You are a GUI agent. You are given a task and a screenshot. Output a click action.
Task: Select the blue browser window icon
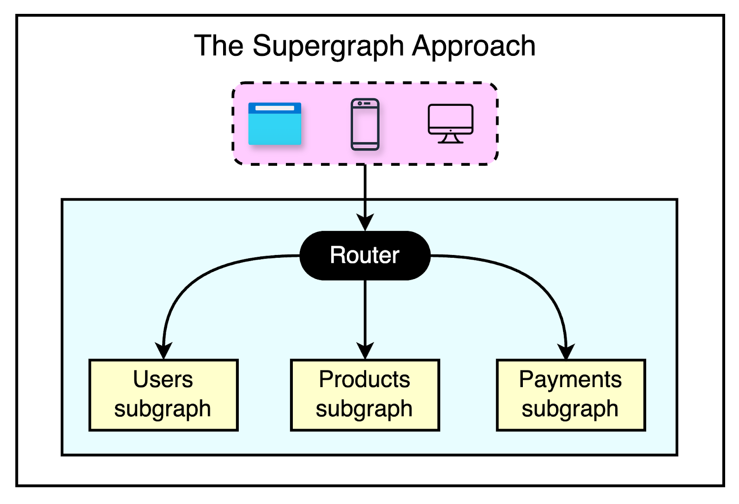click(275, 124)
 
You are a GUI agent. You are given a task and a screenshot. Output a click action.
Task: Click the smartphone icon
click(365, 124)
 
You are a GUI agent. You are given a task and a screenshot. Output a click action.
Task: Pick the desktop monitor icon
click(450, 123)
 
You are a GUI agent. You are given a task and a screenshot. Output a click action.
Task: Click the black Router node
click(365, 255)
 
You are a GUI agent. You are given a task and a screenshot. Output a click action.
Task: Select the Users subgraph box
click(164, 395)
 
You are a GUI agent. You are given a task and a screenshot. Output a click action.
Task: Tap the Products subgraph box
click(365, 395)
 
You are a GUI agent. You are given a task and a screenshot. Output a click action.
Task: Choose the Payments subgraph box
click(571, 395)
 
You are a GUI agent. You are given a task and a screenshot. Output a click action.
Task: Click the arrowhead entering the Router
click(365, 222)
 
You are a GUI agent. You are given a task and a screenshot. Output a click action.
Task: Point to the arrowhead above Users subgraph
click(164, 351)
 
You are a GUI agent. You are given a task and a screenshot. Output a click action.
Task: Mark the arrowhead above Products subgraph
click(365, 351)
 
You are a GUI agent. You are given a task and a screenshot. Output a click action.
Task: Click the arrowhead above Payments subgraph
click(567, 351)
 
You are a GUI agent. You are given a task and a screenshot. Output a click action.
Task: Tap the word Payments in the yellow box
click(570, 380)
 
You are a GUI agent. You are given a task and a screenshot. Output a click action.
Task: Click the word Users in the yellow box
click(163, 380)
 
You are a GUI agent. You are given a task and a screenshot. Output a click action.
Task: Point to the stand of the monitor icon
click(450, 138)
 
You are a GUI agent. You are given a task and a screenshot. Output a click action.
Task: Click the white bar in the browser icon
click(275, 108)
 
